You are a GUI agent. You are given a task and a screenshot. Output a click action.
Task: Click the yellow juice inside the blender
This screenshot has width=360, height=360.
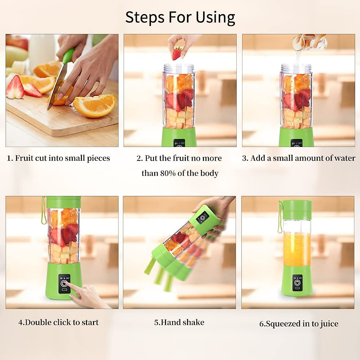point(297,249)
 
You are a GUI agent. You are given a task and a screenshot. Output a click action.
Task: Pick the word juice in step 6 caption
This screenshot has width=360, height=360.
point(329,324)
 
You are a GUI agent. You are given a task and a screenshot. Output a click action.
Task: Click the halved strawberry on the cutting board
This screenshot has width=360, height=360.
point(15,88)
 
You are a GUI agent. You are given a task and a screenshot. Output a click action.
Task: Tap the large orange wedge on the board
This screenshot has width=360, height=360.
point(94,105)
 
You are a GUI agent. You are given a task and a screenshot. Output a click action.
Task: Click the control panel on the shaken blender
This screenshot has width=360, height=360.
point(202,217)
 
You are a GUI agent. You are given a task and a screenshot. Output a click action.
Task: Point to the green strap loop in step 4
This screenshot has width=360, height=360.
point(43,211)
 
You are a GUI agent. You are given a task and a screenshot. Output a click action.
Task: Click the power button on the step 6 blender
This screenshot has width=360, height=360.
point(297,283)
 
